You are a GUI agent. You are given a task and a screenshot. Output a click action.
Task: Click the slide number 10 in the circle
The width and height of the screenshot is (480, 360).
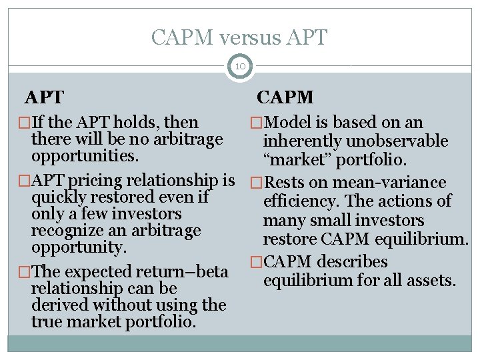(239, 66)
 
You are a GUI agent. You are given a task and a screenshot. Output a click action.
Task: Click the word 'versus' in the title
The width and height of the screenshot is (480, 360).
(250, 37)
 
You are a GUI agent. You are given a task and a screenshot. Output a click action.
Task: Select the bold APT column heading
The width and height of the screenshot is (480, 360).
(44, 97)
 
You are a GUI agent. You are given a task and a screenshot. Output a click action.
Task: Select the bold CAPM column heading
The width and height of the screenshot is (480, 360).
(285, 97)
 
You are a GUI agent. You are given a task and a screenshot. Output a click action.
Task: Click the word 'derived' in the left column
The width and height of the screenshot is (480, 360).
(59, 305)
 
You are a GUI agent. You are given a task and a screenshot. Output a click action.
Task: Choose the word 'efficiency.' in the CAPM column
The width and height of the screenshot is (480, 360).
(301, 201)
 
